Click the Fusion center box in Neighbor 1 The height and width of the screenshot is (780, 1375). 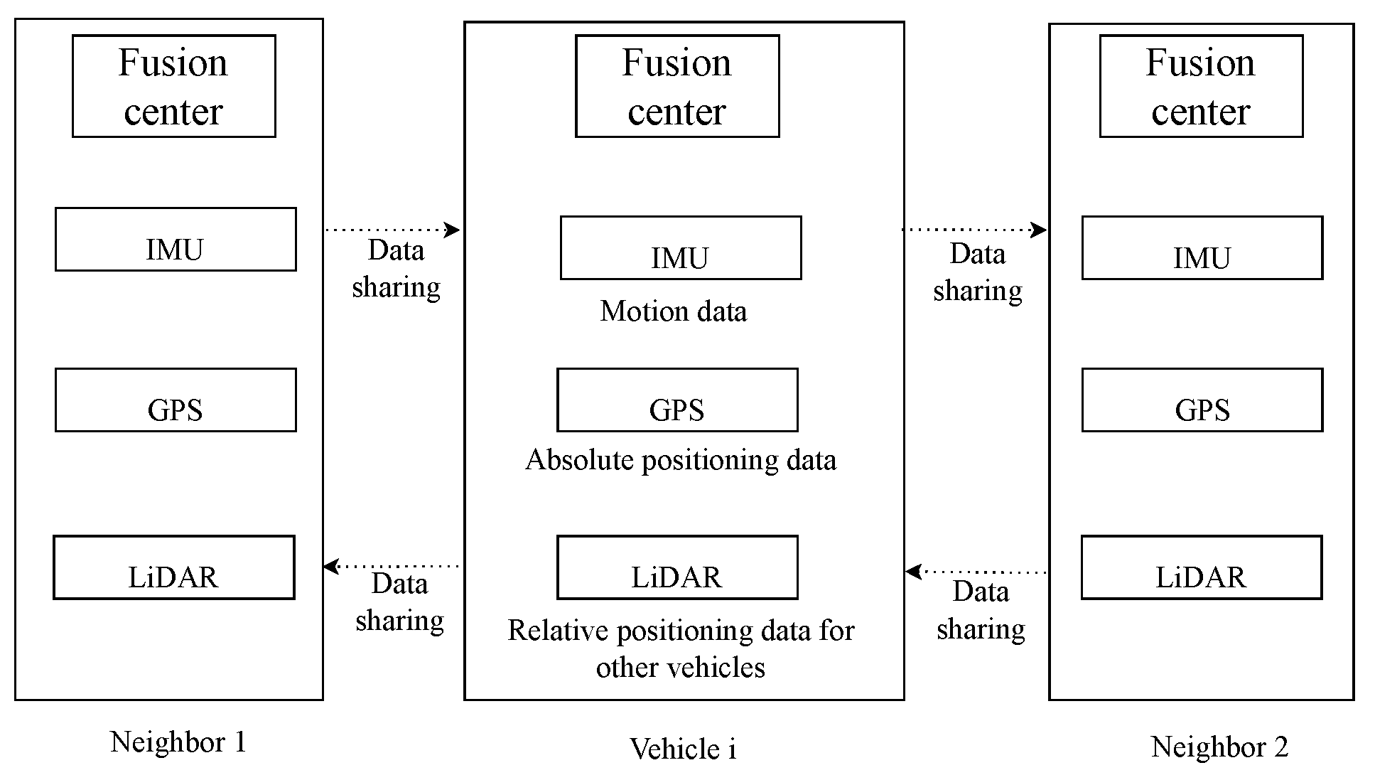(173, 86)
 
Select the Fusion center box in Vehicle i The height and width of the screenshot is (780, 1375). (676, 86)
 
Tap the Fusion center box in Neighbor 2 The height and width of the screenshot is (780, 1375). (1200, 86)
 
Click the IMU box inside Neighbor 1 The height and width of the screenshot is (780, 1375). (176, 240)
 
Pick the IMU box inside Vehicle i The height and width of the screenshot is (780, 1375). (680, 248)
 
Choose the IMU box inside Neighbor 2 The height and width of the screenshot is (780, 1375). (1202, 248)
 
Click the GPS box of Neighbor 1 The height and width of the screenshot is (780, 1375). (176, 400)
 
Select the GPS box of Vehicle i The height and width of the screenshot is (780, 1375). (676, 400)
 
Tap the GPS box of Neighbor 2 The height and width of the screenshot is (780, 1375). (1202, 400)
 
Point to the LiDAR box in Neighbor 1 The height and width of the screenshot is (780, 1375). (174, 567)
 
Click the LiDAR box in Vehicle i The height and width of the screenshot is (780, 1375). (676, 567)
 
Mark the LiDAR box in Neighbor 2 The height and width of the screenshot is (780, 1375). (1201, 567)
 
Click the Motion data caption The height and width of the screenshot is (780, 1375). (673, 311)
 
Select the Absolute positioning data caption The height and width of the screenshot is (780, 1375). (680, 460)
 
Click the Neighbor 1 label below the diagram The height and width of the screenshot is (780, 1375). (178, 742)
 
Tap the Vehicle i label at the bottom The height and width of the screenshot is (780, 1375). (682, 749)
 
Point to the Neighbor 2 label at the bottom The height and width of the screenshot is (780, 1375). (1219, 747)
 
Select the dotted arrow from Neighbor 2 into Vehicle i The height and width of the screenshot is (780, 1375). (976, 572)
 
